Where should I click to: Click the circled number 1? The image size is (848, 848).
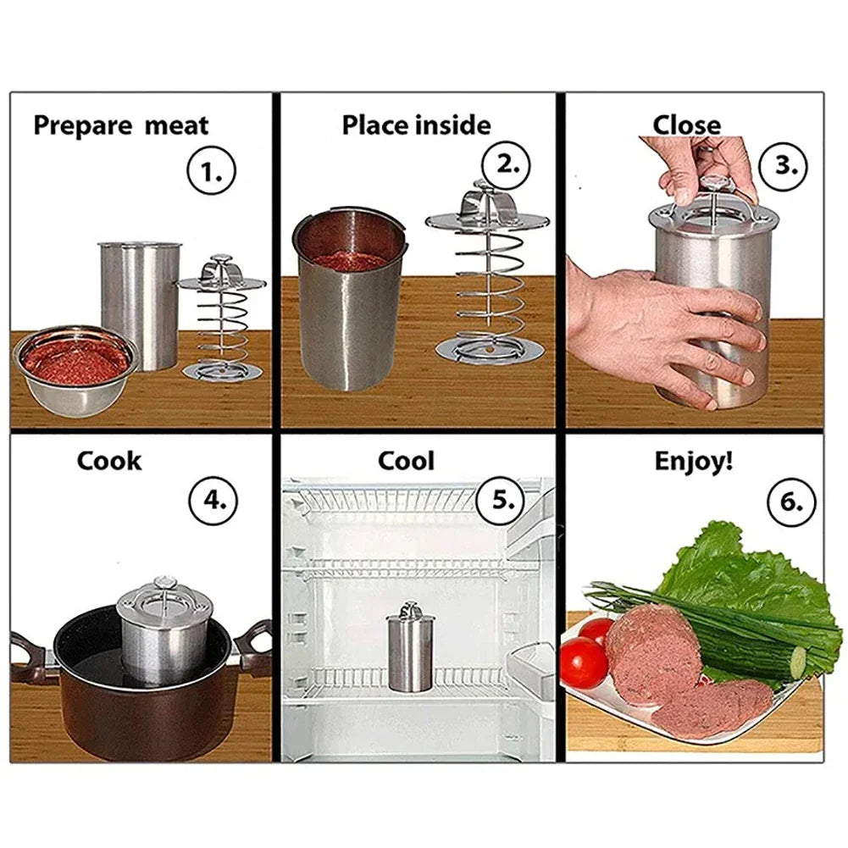click(209, 173)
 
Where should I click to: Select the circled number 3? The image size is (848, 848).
click(785, 164)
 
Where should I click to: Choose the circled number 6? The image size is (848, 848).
click(791, 500)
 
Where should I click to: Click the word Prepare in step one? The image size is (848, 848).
click(80, 126)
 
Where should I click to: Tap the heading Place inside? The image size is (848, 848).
click(416, 125)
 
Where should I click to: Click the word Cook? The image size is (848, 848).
click(109, 462)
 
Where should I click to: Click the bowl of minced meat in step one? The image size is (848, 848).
click(75, 366)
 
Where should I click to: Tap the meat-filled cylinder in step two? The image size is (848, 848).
click(349, 297)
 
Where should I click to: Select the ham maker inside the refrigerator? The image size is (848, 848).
click(410, 649)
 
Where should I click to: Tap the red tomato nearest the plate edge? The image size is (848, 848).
click(584, 663)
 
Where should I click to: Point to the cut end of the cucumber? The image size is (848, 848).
click(797, 663)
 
